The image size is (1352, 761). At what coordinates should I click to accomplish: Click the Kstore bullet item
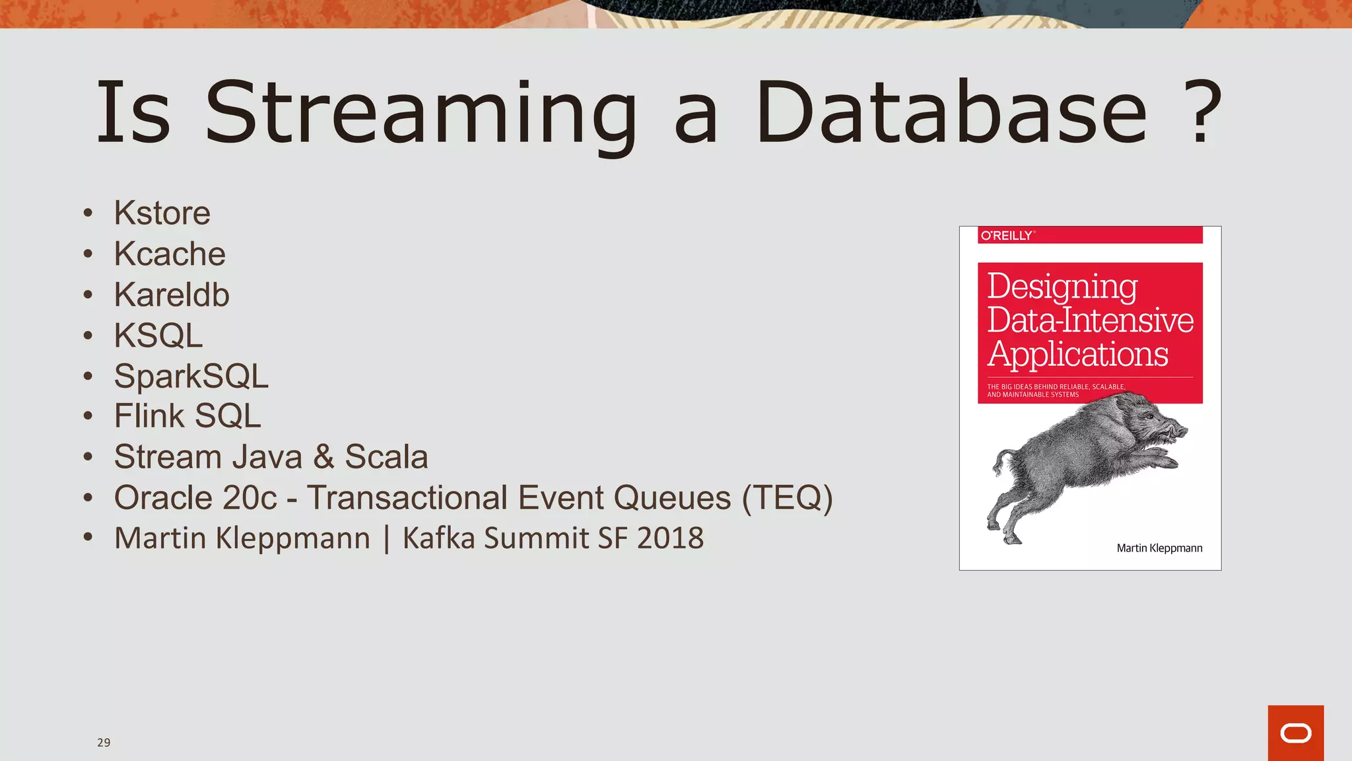pos(162,213)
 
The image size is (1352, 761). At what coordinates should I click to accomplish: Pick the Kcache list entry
pos(170,254)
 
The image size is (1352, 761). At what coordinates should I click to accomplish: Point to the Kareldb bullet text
pos(172,295)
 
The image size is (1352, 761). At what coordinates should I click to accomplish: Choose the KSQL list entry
pos(158,336)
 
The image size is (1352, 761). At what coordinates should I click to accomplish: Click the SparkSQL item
pos(191,376)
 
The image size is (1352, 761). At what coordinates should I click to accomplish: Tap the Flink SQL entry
pos(187,416)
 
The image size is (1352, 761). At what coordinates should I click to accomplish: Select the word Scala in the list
pos(386,457)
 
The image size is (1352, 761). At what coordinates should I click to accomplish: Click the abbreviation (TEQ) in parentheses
pos(787,498)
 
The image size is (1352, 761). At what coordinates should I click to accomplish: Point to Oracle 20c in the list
pos(195,498)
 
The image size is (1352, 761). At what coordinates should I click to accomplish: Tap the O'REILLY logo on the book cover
pos(1007,235)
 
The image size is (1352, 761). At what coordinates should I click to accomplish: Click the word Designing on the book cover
pos(1062,287)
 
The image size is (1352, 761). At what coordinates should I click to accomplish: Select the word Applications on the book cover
pos(1077,354)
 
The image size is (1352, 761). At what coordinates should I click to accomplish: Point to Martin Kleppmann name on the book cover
pos(1159,548)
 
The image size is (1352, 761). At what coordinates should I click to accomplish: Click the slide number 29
pos(104,743)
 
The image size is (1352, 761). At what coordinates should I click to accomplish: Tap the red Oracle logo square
pos(1295,733)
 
